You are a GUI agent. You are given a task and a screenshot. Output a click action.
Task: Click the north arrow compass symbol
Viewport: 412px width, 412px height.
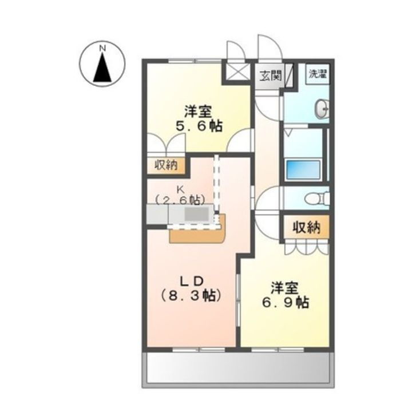pyautogui.click(x=102, y=66)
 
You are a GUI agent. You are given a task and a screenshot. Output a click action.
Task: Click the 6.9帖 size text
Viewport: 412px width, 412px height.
pyautogui.click(x=286, y=302)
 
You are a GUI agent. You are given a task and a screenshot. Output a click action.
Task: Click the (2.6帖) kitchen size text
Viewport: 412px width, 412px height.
pyautogui.click(x=180, y=200)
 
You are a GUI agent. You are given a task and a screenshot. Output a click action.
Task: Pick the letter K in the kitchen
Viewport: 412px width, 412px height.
pyautogui.click(x=180, y=189)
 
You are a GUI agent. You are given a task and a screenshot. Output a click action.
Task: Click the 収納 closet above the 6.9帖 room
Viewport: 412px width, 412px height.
pyautogui.click(x=306, y=227)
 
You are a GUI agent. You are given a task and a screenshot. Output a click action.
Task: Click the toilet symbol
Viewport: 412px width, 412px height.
pyautogui.click(x=316, y=199)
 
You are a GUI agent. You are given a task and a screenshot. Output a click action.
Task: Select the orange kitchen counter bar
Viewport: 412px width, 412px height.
pyautogui.click(x=198, y=234)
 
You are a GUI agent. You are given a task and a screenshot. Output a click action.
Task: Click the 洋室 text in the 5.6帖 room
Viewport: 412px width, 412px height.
pyautogui.click(x=199, y=110)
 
